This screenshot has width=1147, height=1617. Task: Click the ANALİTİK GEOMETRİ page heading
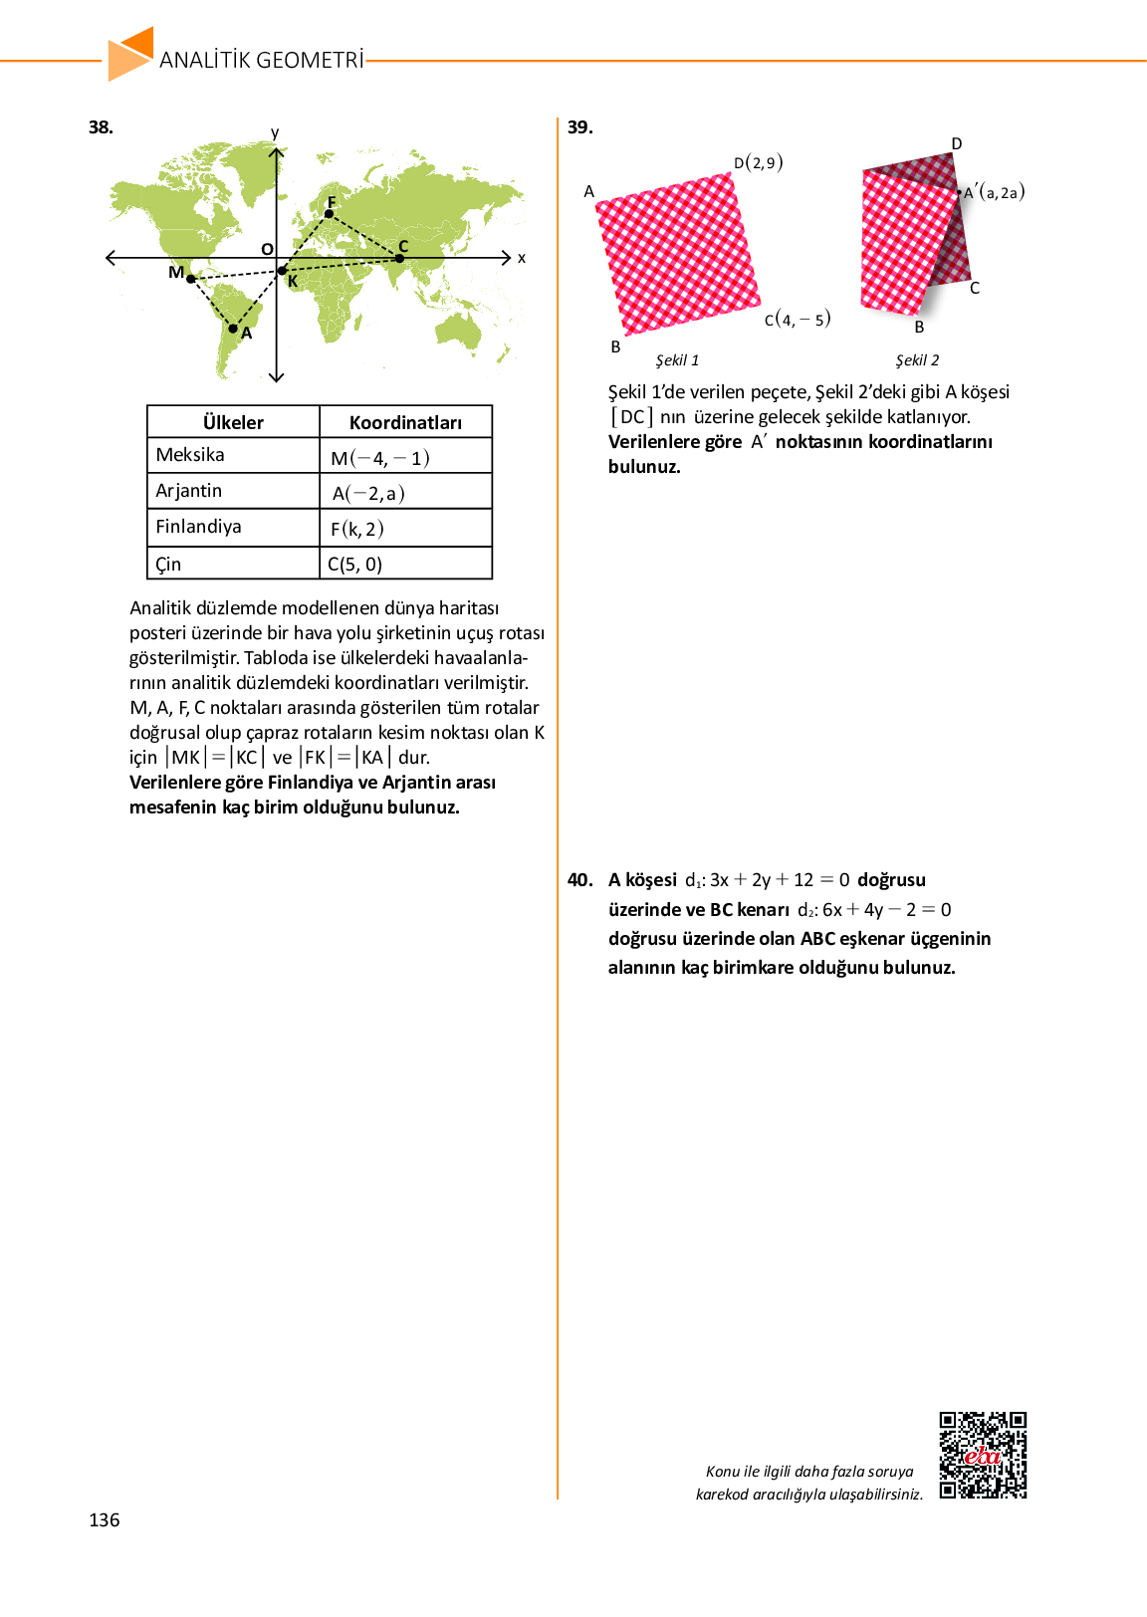click(262, 60)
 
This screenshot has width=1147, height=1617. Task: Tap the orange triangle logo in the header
click(130, 54)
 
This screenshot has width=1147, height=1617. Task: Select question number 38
click(101, 127)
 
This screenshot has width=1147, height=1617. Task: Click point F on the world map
click(330, 213)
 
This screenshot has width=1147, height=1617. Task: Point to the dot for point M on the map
click(191, 279)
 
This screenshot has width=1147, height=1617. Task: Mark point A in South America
click(233, 328)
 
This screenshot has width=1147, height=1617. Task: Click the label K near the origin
click(293, 282)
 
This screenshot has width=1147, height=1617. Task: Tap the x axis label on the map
click(522, 258)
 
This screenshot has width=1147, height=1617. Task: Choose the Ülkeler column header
click(233, 422)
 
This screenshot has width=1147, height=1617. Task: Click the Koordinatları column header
click(405, 422)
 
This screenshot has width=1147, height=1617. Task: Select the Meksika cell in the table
click(190, 455)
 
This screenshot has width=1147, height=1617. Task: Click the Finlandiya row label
click(198, 527)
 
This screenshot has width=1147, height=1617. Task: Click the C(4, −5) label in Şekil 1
click(798, 320)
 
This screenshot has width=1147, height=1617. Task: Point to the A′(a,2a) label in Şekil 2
click(994, 192)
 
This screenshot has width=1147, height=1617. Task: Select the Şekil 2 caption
click(917, 360)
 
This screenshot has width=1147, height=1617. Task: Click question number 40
click(579, 880)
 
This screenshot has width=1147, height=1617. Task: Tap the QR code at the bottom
click(983, 1455)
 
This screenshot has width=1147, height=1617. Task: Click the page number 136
click(105, 1519)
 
